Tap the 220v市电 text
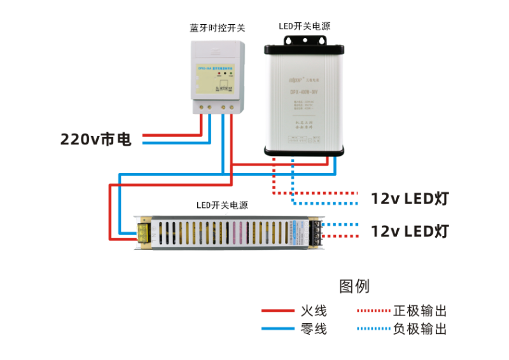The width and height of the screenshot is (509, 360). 96,139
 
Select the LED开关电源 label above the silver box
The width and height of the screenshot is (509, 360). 304,26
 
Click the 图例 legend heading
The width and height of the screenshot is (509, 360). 354,286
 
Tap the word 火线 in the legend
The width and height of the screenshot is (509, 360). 313,311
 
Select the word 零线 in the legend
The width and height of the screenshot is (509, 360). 313,329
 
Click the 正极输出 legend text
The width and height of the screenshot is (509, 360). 420,311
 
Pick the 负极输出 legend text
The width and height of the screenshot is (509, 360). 420,329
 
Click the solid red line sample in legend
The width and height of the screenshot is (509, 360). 277,311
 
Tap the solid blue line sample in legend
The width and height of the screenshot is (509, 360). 277,329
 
